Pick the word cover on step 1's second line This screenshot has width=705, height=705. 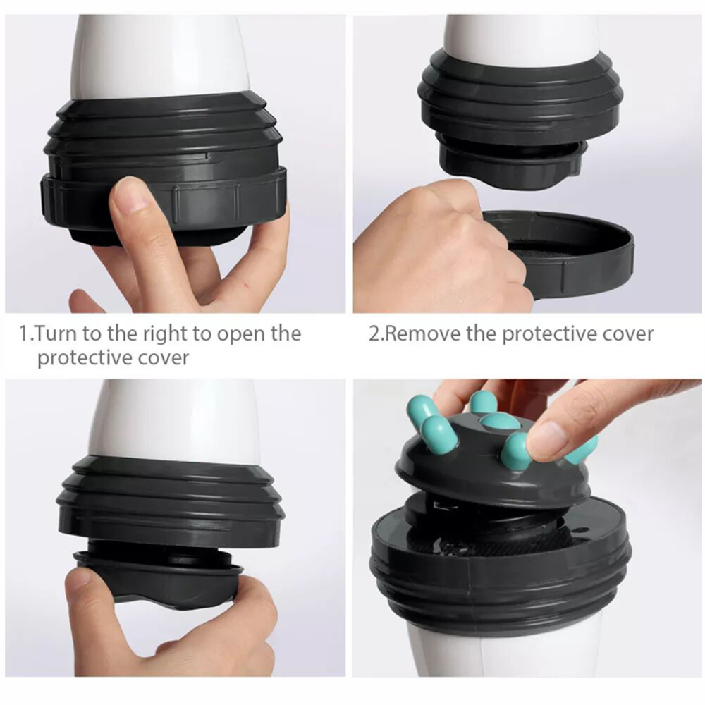click(162, 357)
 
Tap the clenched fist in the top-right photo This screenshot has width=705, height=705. click(437, 247)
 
